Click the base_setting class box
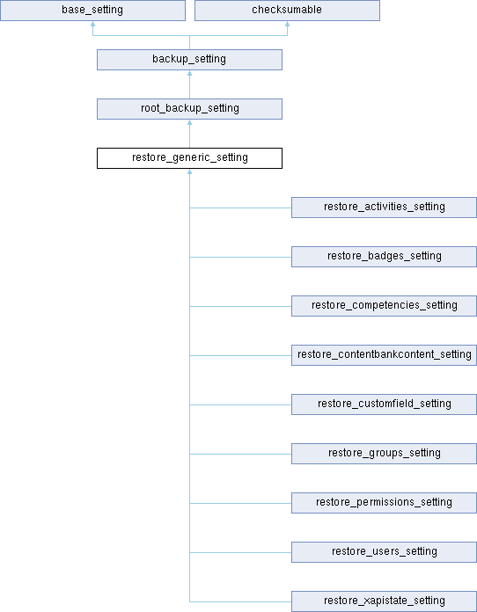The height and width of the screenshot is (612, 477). [x=92, y=11]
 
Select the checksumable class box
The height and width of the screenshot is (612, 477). [x=287, y=11]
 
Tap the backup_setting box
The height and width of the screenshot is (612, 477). [x=189, y=60]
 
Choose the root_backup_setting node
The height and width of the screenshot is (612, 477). [x=189, y=109]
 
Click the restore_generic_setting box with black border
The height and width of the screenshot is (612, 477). [x=189, y=158]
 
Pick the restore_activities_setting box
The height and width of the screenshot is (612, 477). [x=384, y=208]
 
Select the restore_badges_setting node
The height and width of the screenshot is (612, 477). [x=384, y=257]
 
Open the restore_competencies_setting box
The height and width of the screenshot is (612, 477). [x=384, y=306]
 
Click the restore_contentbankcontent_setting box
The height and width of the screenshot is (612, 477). [x=384, y=354]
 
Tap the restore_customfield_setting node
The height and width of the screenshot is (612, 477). [x=384, y=404]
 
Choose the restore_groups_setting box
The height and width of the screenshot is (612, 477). [x=384, y=454]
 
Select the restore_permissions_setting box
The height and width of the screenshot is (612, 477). [x=384, y=503]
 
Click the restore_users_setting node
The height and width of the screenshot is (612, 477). [x=384, y=552]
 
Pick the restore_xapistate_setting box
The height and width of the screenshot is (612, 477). [x=384, y=601]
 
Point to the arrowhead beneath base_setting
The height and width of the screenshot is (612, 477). [x=92, y=24]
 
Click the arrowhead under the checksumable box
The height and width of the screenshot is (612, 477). [x=287, y=24]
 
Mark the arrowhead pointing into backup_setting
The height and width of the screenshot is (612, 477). [x=189, y=73]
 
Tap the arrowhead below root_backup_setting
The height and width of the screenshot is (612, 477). [x=189, y=122]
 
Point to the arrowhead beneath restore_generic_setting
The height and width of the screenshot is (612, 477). [x=189, y=171]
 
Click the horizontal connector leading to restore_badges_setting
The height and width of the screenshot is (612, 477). [x=240, y=257]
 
